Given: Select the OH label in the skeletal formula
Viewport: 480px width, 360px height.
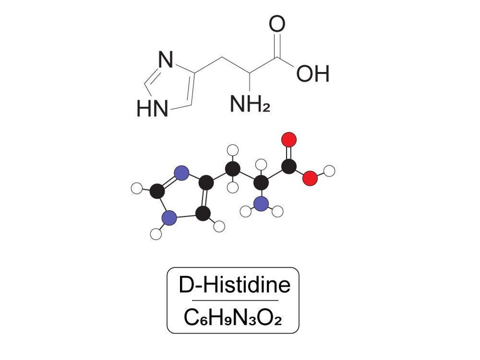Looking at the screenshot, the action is click(313, 74).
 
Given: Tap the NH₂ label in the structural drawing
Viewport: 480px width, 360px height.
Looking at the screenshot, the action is click(249, 104).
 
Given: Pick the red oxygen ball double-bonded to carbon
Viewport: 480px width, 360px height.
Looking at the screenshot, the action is click(289, 139).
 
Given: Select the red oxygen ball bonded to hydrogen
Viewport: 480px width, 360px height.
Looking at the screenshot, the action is click(310, 179).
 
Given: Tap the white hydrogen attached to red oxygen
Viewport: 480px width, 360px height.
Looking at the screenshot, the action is click(329, 170).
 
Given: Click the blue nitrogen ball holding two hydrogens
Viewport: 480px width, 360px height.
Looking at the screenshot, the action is click(262, 204).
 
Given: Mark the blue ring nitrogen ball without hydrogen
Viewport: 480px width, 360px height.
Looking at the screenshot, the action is click(181, 173).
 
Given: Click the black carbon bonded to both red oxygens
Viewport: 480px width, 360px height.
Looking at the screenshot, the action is click(289, 167).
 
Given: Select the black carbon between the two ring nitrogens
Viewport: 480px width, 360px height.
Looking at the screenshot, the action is click(156, 192).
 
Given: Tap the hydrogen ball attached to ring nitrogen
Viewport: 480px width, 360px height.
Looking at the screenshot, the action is click(156, 234).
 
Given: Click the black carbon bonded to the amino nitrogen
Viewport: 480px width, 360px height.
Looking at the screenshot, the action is click(262, 181).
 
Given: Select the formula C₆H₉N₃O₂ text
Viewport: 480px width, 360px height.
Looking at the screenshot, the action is click(232, 317).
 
